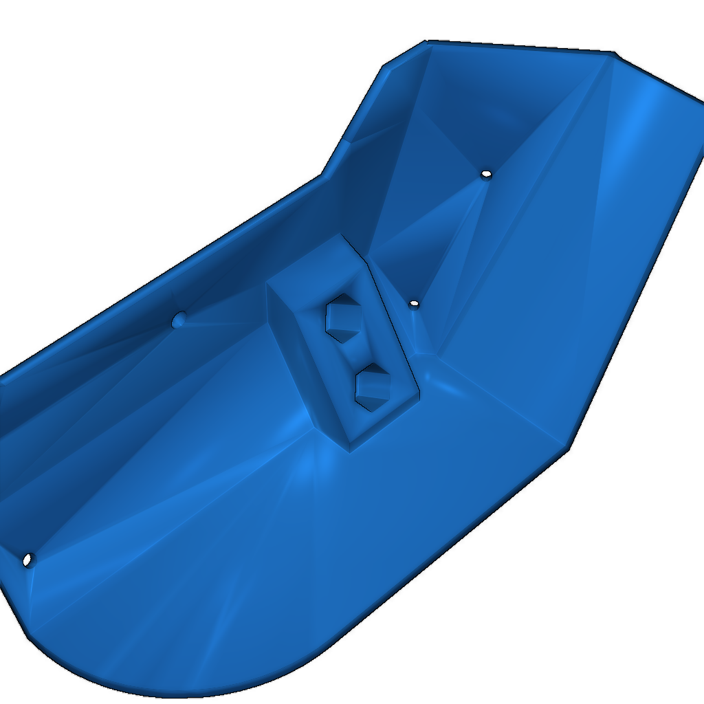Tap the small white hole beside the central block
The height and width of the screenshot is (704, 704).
point(413,303)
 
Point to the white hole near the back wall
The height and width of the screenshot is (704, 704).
point(486,174)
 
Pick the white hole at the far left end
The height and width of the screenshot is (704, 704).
point(27,560)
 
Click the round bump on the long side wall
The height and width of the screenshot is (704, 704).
point(179,319)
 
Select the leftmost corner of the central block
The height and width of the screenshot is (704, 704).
point(267,284)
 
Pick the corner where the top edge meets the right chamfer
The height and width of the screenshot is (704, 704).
point(614,52)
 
